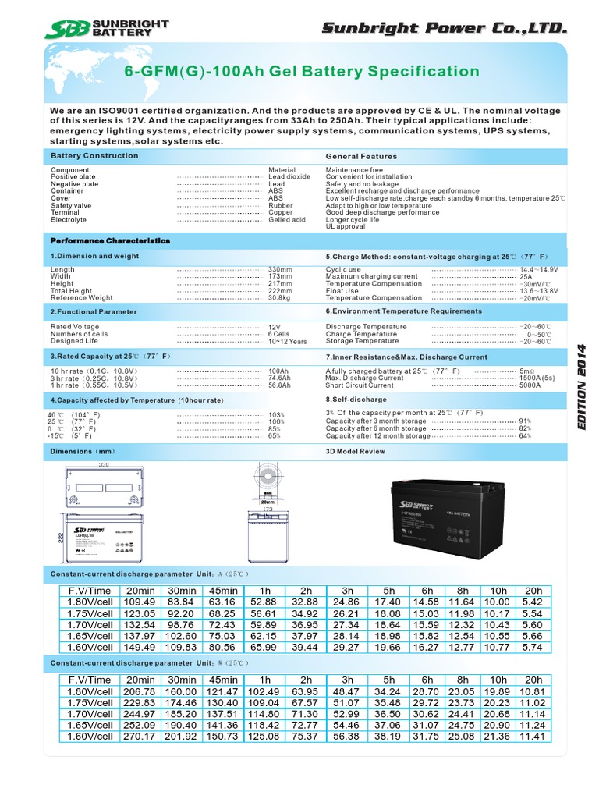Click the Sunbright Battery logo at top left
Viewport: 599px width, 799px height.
point(106,29)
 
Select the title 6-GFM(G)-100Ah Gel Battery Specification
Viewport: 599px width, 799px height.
point(303,72)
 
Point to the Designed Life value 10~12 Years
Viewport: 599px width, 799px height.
point(287,342)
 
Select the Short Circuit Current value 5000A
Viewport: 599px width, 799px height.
point(530,385)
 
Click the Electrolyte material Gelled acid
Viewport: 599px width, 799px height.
point(286,220)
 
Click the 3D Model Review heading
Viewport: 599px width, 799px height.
point(355,452)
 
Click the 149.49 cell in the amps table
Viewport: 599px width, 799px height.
point(140,647)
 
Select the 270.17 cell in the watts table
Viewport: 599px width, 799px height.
point(140,736)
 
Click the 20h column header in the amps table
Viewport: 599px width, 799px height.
point(533,591)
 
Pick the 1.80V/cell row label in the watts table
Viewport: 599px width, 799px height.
point(90,692)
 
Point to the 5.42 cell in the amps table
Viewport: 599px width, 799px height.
point(533,602)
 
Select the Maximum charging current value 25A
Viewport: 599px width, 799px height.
point(526,277)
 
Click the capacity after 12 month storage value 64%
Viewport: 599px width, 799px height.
point(524,436)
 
